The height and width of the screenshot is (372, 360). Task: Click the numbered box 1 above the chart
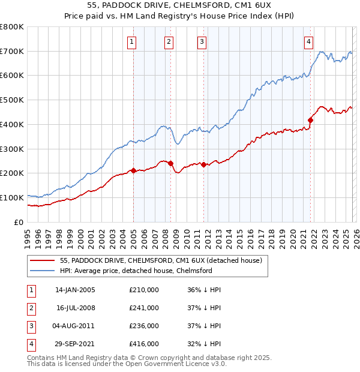131,41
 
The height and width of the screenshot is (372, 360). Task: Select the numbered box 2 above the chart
169,41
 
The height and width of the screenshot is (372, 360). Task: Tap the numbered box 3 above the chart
202,41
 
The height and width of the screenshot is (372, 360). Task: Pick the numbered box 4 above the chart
308,41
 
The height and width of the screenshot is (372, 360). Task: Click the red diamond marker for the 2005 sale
133,170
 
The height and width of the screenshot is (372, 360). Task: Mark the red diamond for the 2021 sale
311,120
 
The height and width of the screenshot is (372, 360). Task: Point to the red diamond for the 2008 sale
171,163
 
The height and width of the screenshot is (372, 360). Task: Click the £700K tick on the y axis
11,52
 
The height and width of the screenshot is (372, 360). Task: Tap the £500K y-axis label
11,100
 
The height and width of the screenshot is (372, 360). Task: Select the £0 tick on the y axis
18,222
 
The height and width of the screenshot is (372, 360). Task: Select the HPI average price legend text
136,271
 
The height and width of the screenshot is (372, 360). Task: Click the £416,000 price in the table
144,344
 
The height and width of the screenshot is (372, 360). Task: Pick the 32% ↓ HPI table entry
204,344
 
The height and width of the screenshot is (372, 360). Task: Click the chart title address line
179,7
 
